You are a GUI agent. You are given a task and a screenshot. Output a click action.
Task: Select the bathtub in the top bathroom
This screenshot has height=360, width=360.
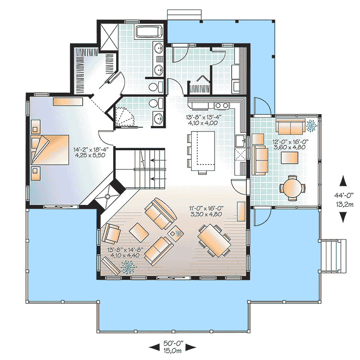149,33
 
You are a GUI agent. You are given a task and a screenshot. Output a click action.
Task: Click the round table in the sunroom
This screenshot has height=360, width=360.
292,188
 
